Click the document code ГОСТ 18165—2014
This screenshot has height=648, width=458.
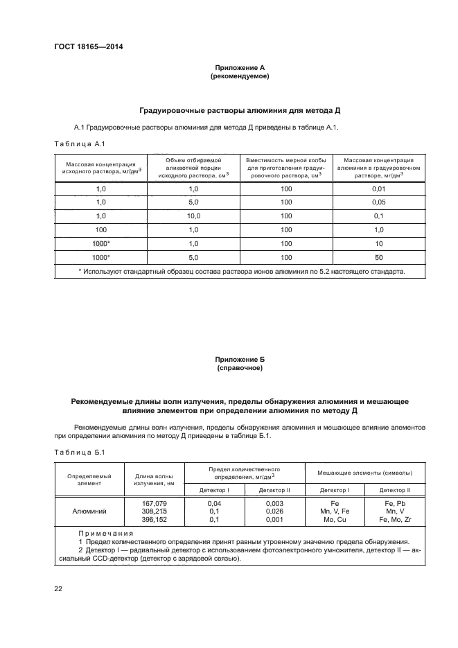coord(83,46)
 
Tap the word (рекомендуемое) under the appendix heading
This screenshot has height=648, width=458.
coord(239,76)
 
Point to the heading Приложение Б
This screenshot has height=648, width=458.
coord(239,360)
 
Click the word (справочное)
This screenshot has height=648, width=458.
coord(239,368)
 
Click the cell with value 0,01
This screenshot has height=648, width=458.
coord(378,189)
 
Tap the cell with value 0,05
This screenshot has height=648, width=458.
coord(378,202)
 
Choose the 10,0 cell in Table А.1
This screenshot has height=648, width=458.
coord(193,216)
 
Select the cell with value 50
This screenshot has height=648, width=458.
coord(378,256)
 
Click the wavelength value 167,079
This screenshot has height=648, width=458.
coord(154,503)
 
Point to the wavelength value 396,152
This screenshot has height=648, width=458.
coord(154,519)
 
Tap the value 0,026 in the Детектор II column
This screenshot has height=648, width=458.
coord(275,511)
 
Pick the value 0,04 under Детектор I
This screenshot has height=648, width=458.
coord(214,503)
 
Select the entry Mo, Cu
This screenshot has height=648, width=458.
coord(335,519)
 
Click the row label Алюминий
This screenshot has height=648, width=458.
coord(89,511)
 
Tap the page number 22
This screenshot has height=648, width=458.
coord(58,588)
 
